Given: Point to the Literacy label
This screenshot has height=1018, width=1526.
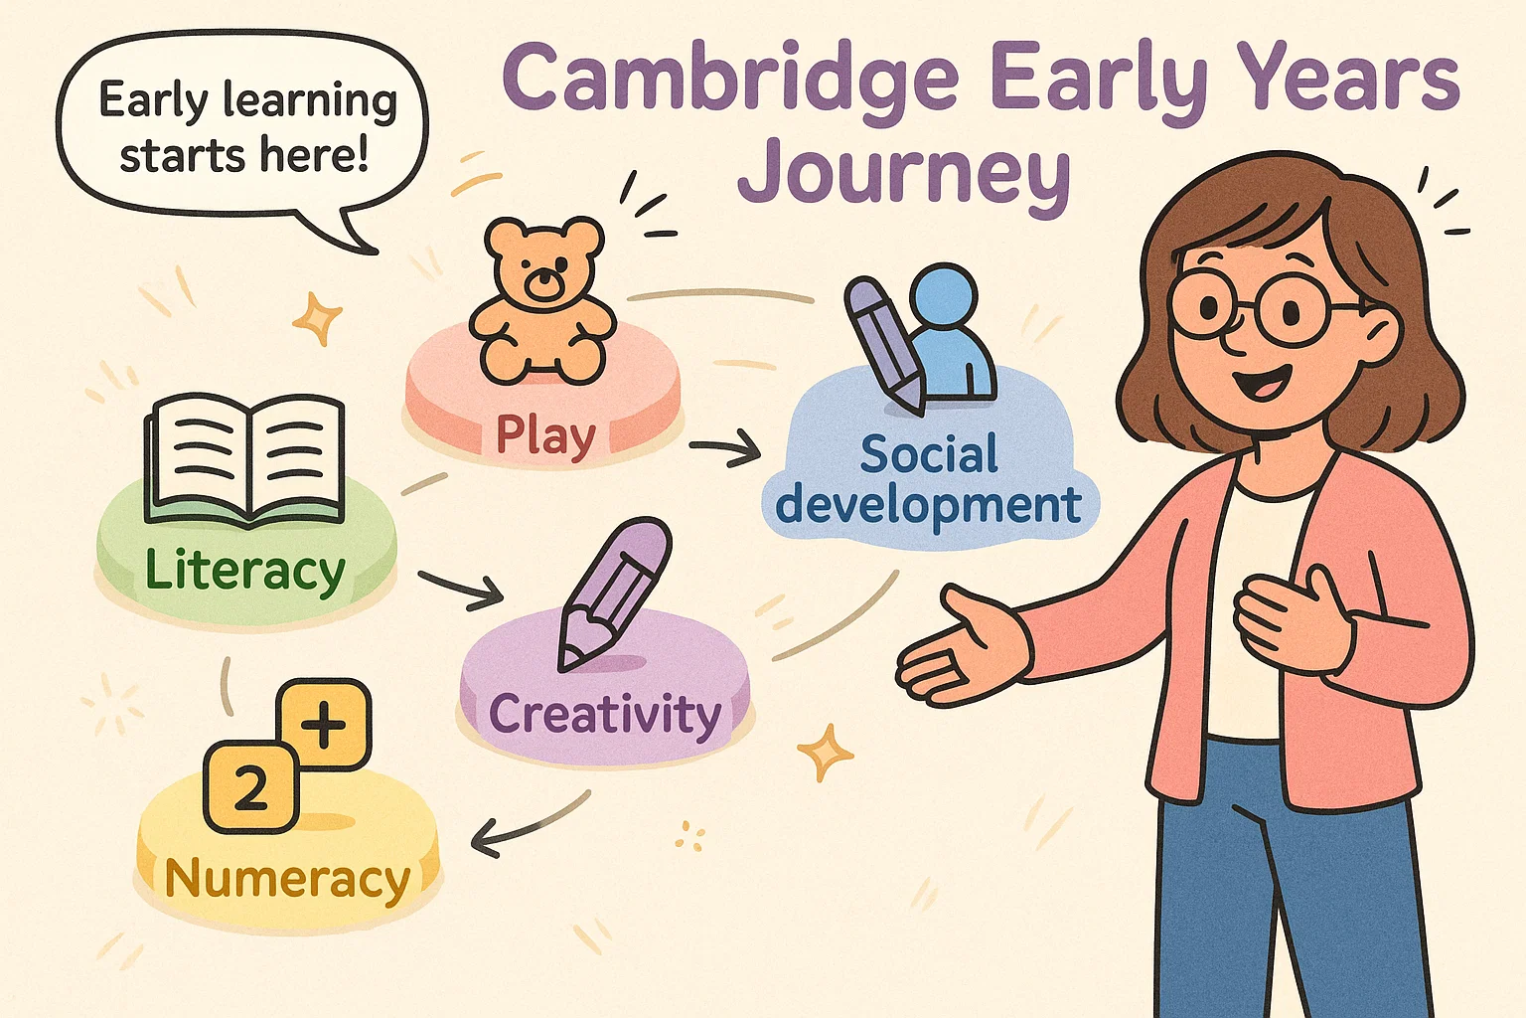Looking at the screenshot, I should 244,572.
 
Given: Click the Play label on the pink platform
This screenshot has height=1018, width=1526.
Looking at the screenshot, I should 545,435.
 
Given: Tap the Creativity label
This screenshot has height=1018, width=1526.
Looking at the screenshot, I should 604,714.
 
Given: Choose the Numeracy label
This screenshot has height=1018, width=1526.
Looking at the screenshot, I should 287,879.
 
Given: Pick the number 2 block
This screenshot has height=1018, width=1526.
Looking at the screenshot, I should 250,787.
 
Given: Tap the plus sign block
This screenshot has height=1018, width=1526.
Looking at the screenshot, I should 323,725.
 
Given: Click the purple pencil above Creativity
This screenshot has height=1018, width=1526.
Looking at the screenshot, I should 612,591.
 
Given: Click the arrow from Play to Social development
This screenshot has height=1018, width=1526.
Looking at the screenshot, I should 724,452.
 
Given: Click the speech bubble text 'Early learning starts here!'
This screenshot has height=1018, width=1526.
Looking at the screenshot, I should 243,127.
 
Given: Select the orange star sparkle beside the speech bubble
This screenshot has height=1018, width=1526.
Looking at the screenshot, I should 318,318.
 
